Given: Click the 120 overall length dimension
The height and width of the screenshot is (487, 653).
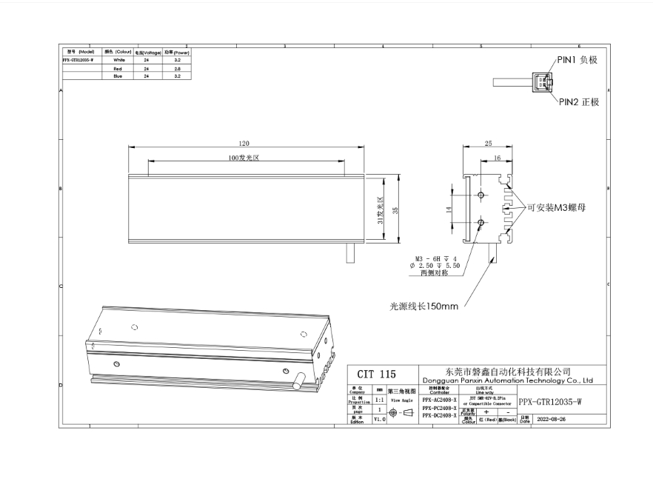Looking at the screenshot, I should click(x=244, y=144).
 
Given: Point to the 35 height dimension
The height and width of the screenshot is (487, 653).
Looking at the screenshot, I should click(x=396, y=209).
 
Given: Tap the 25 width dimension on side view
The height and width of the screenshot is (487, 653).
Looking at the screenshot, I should click(x=488, y=144).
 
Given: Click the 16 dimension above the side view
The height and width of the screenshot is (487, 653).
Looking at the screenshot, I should click(x=496, y=158).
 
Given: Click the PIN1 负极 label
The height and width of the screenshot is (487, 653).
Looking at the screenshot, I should click(x=577, y=60).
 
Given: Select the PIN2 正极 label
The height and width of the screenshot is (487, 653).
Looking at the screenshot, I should click(x=579, y=101).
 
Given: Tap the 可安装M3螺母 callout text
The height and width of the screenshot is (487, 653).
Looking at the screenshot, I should click(x=556, y=209).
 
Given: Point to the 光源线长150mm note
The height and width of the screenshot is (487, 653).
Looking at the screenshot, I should click(x=424, y=306).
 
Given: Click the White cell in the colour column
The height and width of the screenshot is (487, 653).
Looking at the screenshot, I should click(x=119, y=59).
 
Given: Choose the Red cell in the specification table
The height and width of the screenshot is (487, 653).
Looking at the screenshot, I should click(x=119, y=67).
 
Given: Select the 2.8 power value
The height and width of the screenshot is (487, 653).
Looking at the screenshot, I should click(x=177, y=67).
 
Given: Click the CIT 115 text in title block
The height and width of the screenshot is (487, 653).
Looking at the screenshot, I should click(x=377, y=375).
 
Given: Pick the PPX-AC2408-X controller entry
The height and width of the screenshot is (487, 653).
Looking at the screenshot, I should click(x=439, y=400).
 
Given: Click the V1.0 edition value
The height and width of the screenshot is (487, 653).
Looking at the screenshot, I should click(x=380, y=419).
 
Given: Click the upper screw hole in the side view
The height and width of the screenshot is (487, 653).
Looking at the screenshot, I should click(x=481, y=195).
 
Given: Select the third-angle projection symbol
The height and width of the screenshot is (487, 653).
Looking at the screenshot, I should click(x=400, y=413).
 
